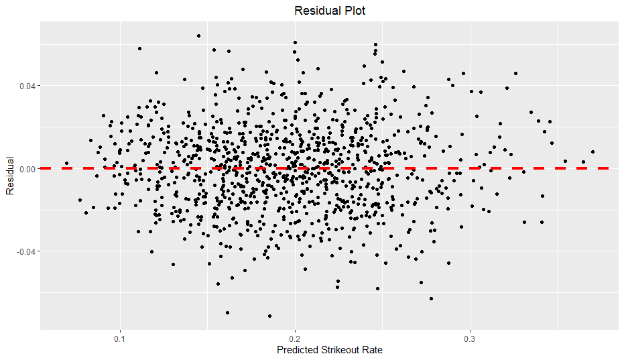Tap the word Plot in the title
click(353, 11)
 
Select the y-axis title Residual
click(10, 176)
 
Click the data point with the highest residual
click(198, 36)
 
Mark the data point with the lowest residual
click(270, 316)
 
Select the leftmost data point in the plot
click(66, 163)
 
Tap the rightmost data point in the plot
click(592, 152)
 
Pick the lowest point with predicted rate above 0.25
click(431, 298)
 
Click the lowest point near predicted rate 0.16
click(227, 312)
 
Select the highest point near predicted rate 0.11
click(139, 48)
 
